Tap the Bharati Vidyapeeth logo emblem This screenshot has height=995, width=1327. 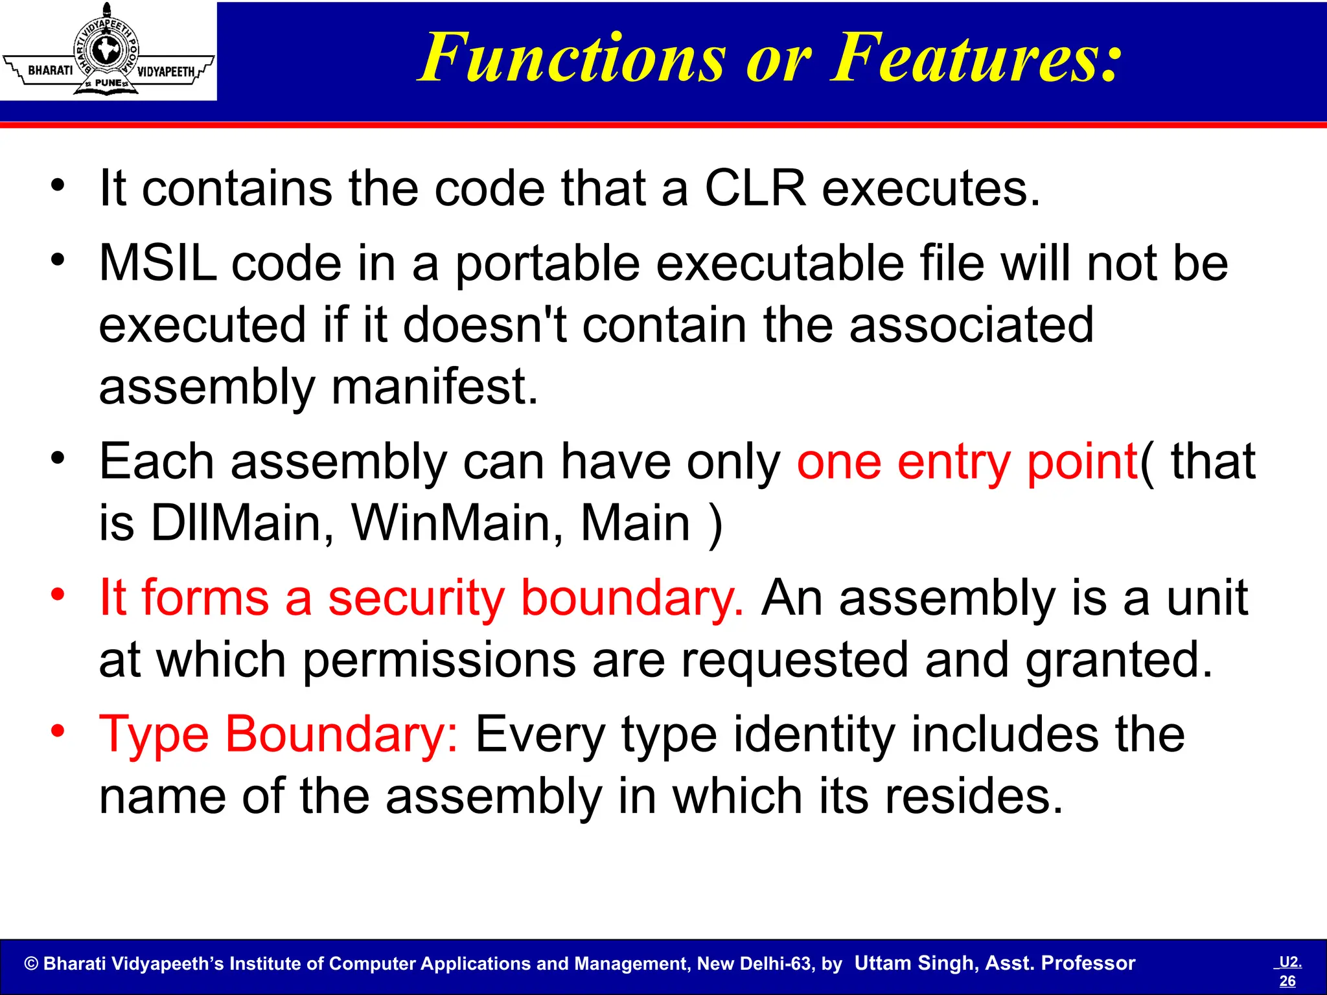coord(108,51)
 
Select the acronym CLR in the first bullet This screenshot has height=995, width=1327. coord(756,189)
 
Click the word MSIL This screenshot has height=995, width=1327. coord(157,264)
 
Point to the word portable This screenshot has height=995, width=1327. coord(547,264)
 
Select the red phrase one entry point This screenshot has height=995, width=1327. coord(967,463)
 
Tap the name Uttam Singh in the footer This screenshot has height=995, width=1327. coord(916,963)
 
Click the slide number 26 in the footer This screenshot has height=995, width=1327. coord(1287,981)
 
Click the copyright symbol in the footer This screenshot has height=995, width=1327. coord(31,964)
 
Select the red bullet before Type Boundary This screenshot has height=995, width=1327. coord(58,731)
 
